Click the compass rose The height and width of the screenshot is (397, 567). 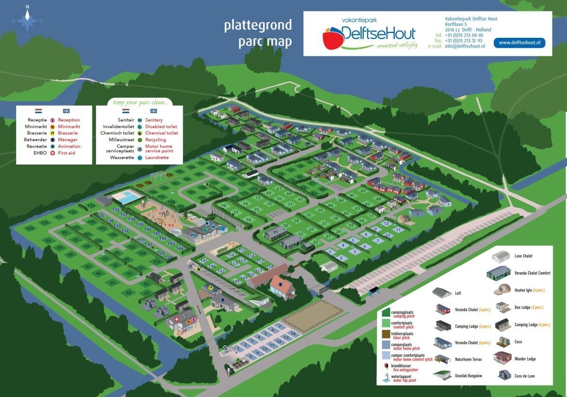coord(27,20)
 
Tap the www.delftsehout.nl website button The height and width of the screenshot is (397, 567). coord(519,43)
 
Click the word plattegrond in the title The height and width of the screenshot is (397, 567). coord(258,25)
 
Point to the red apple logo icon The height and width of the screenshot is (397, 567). coord(333,37)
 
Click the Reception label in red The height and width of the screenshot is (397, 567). coord(69,120)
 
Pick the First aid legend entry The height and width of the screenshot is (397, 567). coord(66,153)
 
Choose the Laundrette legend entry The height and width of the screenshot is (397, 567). coord(157,157)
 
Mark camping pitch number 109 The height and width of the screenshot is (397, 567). coord(30,228)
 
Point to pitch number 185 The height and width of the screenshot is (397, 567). coord(179,172)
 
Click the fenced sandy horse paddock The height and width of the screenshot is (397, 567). coord(312,315)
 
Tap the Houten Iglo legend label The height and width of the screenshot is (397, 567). coord(524,290)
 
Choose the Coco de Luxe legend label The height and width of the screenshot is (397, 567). coord(524,376)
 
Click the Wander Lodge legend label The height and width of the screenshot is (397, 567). coord(525,359)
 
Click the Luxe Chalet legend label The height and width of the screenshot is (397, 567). coord(524,256)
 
